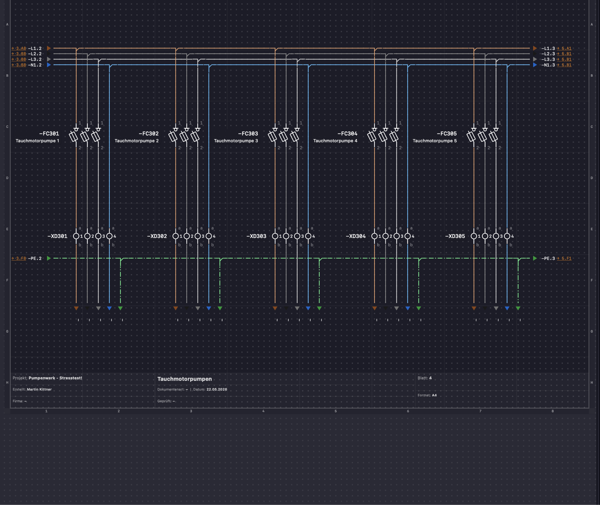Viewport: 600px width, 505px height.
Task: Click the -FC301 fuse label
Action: pos(49,134)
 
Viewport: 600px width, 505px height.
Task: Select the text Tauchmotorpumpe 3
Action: pos(236,141)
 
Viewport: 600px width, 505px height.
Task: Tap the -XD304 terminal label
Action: pos(356,236)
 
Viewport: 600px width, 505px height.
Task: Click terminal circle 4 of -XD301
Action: pos(109,236)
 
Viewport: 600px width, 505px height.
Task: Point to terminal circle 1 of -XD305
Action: pos(474,236)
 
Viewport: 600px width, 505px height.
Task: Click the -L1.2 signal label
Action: pos(35,48)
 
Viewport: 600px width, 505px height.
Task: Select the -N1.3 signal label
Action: pos(548,65)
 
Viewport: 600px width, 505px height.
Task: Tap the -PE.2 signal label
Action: pos(35,258)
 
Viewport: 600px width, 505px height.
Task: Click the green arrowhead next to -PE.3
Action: pos(535,258)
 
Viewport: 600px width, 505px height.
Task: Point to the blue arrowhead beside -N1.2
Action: pos(49,65)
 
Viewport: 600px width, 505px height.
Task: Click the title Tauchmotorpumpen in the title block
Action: pos(185,379)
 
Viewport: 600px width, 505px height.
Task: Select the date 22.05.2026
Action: pos(217,389)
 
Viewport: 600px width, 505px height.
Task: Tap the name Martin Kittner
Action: pos(39,389)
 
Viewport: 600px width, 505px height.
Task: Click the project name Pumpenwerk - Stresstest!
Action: pos(55,378)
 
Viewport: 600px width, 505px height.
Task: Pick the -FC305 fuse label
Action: pos(447,134)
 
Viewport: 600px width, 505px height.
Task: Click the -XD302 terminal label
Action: pos(157,236)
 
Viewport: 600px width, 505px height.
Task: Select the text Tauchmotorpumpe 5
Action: pos(435,141)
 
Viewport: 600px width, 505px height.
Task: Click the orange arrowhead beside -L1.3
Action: pos(535,48)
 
